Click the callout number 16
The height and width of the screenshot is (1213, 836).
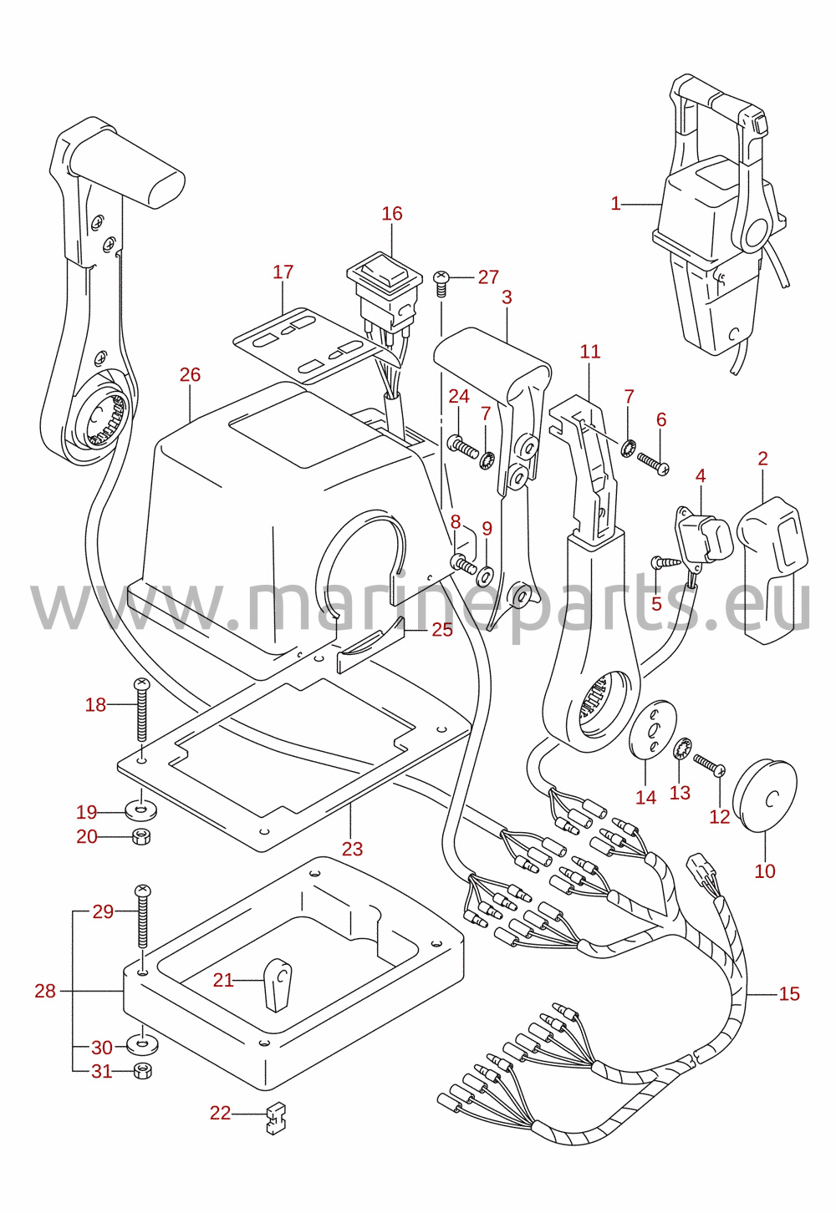(x=392, y=213)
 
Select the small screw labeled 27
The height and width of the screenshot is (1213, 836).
(x=442, y=284)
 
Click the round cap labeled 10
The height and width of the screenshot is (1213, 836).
(x=764, y=795)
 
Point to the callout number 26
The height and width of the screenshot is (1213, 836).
(x=190, y=374)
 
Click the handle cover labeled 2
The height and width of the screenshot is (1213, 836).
(x=772, y=571)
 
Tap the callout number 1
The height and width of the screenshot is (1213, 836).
(x=615, y=204)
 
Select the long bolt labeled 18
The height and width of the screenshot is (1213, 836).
(x=141, y=709)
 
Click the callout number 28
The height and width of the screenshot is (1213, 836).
(x=45, y=991)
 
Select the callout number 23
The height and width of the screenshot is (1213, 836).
(x=352, y=849)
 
